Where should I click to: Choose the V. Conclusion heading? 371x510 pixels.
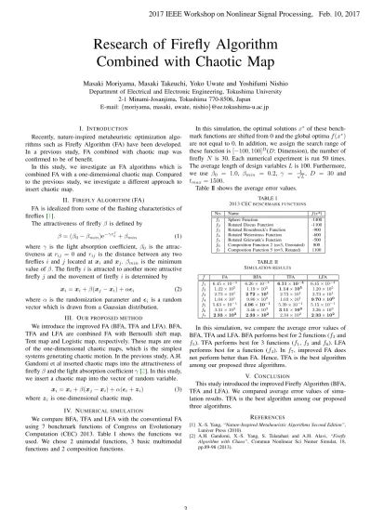point(272,376)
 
